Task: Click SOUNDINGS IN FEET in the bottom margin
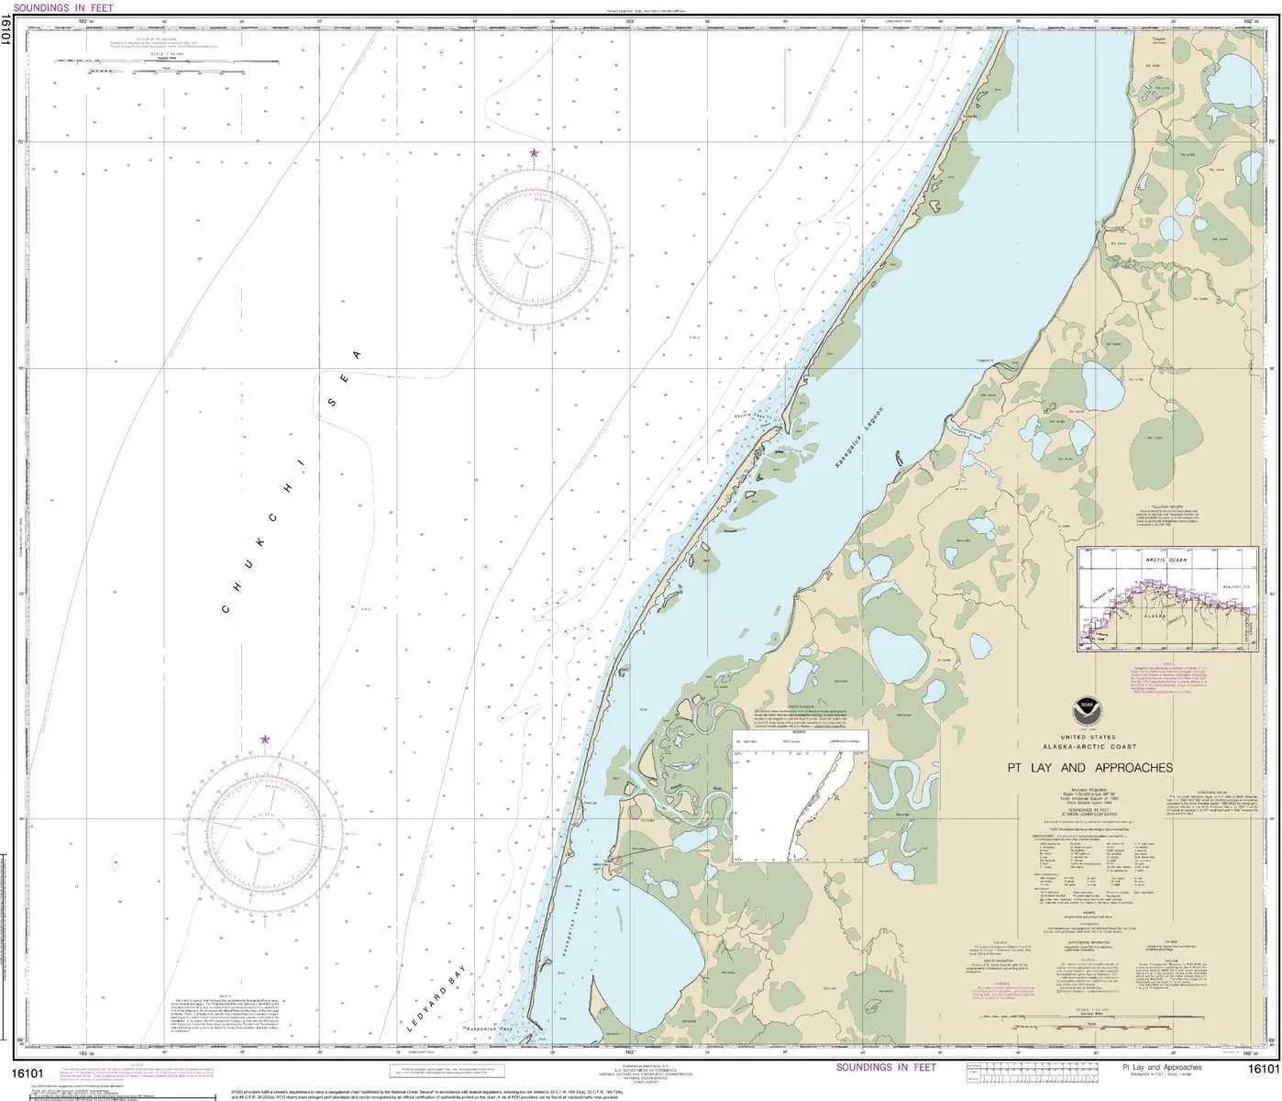886,1067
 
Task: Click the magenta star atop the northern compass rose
533,153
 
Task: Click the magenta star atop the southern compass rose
265,740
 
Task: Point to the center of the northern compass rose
533,248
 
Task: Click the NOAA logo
1089,709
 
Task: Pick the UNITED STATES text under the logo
1089,738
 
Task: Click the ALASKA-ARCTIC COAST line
1089,747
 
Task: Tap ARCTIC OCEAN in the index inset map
1166,558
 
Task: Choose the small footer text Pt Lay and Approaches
1162,1068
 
